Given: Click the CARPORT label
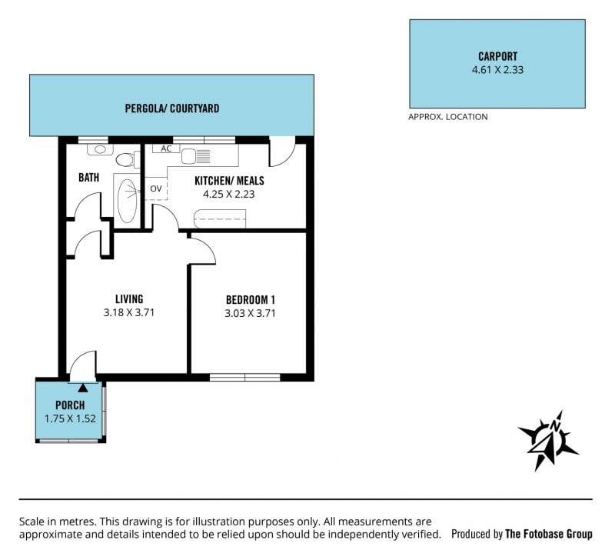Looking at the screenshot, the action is click(497, 56).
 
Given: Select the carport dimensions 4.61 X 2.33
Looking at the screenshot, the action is click(497, 70).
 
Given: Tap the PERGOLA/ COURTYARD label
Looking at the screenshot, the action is click(171, 108).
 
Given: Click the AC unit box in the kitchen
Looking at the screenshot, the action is click(166, 148).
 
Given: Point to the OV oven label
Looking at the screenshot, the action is click(156, 188).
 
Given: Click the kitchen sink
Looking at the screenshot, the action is click(196, 156).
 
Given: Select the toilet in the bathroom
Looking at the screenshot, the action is click(128, 160).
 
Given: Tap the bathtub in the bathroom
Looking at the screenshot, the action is click(127, 200).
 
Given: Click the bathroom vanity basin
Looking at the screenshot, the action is click(100, 149).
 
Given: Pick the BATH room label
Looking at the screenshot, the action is click(88, 178).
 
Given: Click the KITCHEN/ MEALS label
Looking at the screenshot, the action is click(229, 181).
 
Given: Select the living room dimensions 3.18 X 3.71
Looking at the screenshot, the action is click(129, 312).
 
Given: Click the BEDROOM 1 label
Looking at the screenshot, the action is click(251, 300).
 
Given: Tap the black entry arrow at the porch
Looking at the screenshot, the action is click(83, 388).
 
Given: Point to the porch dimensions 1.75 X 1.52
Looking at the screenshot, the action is click(70, 418).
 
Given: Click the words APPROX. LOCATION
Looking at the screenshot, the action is click(448, 117).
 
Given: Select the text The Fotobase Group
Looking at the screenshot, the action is click(549, 534).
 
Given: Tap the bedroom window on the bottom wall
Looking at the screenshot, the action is click(245, 377).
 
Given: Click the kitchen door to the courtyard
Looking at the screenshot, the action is click(282, 152).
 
